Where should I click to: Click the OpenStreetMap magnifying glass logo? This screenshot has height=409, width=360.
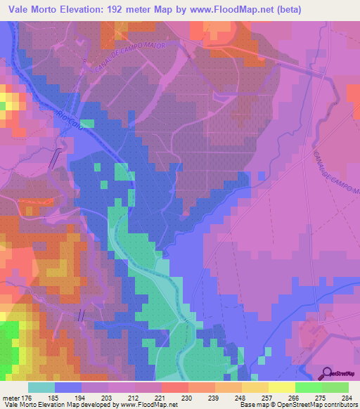click(x=328, y=373)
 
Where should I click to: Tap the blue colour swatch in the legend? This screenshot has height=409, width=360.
click(x=68, y=388)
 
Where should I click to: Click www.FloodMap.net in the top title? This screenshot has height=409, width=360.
click(x=238, y=9)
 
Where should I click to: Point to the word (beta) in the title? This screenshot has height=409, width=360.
click(x=299, y=9)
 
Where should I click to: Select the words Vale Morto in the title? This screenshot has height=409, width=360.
click(x=33, y=9)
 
